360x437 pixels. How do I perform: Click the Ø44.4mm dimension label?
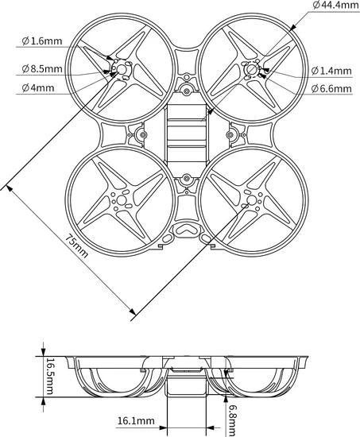coord(335,6)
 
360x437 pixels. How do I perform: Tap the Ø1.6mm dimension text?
coord(42,41)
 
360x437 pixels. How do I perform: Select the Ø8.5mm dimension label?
coord(42,68)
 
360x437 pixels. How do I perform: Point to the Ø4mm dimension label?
coord(38,88)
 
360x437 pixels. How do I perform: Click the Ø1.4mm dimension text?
coord(331,71)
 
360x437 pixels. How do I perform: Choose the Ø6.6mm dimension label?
coord(331,89)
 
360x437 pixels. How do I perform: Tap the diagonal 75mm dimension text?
coord(76,246)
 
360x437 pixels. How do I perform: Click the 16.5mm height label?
coord(49,377)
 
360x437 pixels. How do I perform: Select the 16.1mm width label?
coord(136,421)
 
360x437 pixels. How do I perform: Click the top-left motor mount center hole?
coord(122,69)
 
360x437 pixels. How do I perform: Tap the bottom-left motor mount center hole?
coord(122,199)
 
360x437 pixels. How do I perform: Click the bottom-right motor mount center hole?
coord(252,199)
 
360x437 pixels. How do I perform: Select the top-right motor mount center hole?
coord(252,69)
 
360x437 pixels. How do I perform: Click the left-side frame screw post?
coord(143,135)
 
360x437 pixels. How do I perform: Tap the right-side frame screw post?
coord(230,135)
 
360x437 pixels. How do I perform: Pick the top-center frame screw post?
coord(187,91)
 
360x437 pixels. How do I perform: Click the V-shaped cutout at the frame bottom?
coord(186,229)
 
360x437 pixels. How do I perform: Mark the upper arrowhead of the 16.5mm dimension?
coord(43,352)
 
